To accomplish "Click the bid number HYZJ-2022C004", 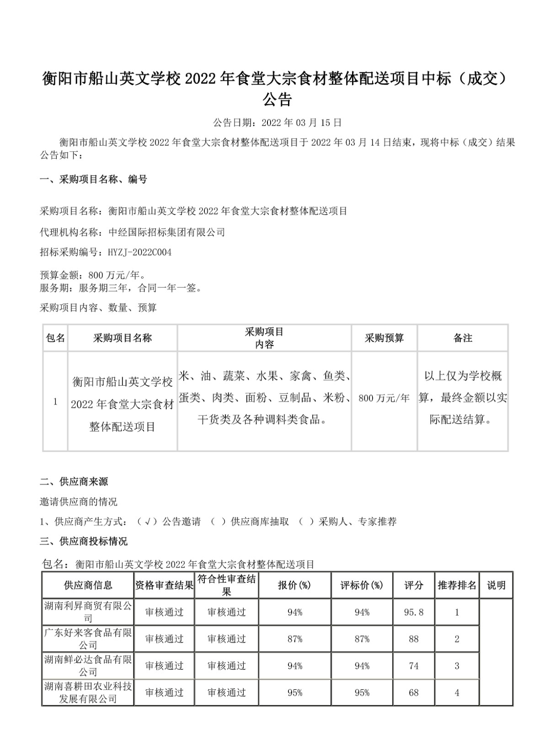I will point(139,253).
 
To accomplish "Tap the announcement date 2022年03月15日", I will point(302,123).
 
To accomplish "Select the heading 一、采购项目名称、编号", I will point(93,179).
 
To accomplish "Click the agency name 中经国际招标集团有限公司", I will point(167,232).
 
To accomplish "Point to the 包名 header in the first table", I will point(55,338).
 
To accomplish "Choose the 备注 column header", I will point(463,338).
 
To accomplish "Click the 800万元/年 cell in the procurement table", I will point(384,398).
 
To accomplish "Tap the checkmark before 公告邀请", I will point(147,522).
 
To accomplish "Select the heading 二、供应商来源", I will point(74,481).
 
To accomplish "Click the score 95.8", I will point(414,612).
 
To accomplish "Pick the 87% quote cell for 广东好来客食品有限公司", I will point(295,639).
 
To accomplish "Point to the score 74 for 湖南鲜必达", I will point(414,666).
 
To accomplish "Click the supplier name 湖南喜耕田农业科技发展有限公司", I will point(88,693).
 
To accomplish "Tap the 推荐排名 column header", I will point(457,585).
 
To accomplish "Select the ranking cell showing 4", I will point(457,693).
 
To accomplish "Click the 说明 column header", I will point(496,585).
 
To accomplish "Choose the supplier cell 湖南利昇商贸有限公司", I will point(88,612).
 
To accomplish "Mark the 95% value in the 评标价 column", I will point(362,693).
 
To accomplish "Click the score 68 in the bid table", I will point(414,693).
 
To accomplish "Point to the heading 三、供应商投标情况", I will point(84,541).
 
